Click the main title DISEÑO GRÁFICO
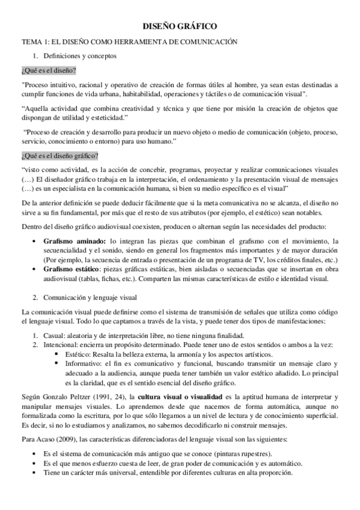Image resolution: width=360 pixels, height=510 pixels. coord(180,28)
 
